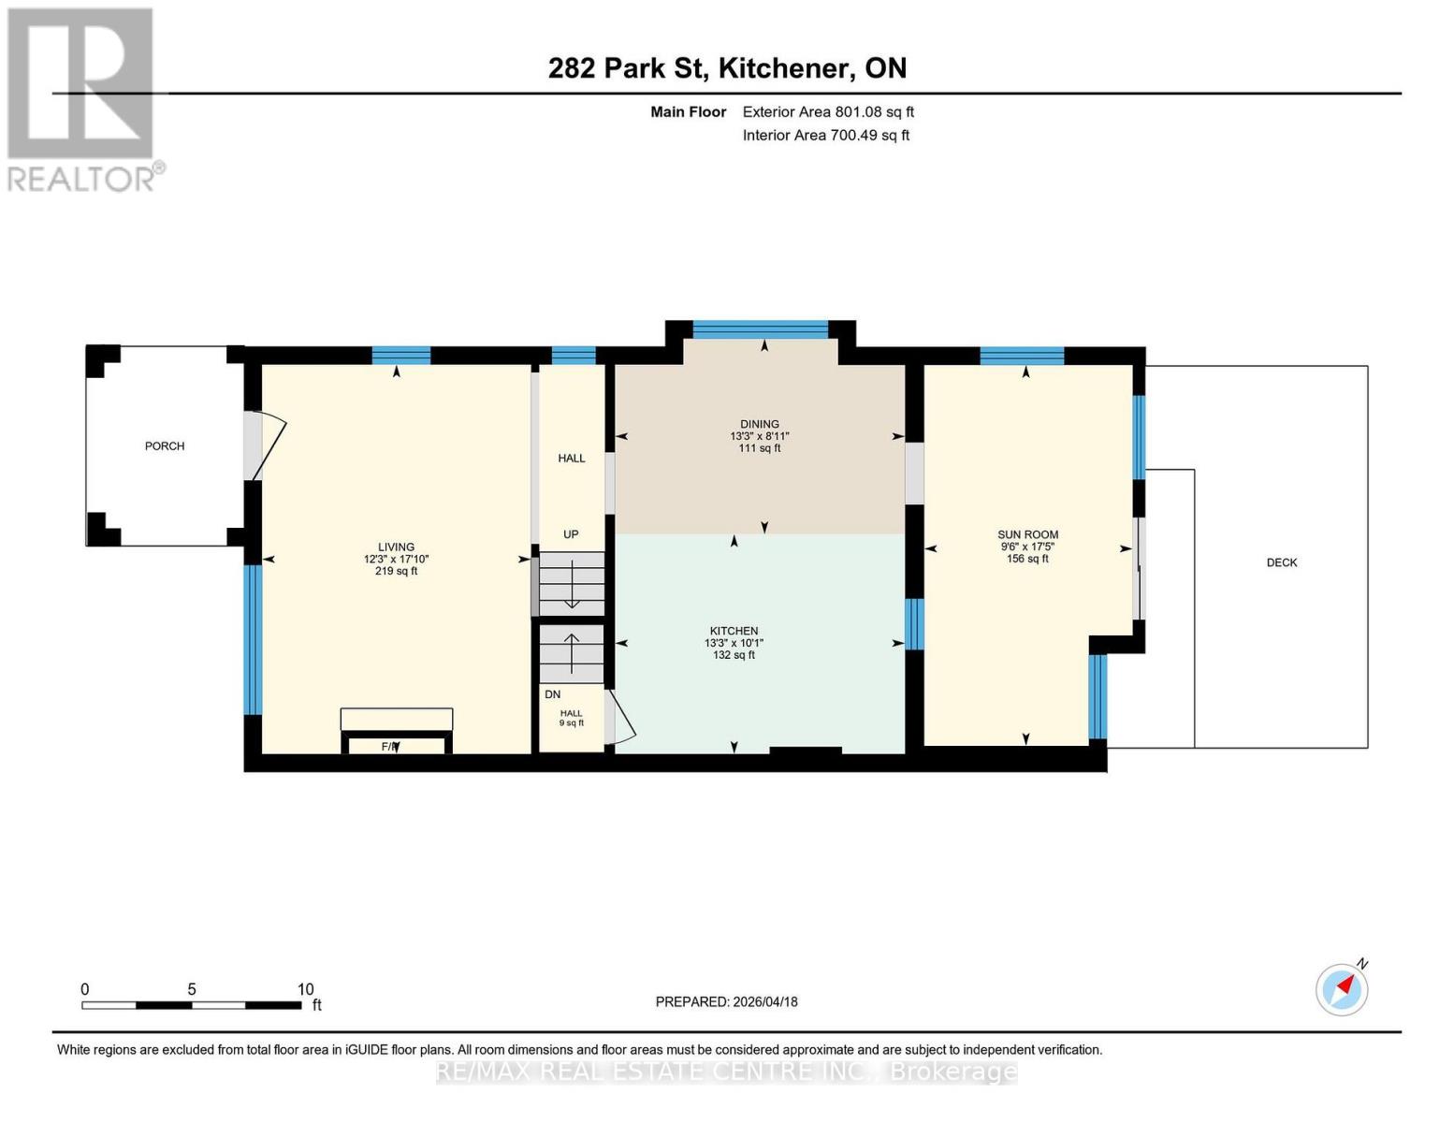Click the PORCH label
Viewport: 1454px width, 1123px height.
coord(165,446)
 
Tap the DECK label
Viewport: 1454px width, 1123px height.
coord(1281,562)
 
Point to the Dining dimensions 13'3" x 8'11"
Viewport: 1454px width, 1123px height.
coord(760,436)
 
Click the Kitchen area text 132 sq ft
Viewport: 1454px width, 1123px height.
coord(734,655)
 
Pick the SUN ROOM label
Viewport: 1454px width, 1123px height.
coord(1027,534)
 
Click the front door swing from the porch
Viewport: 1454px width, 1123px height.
coord(267,447)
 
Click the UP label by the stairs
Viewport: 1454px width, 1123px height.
coord(571,534)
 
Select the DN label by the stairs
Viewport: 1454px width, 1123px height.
coord(552,694)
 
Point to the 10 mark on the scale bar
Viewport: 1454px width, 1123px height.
coord(305,989)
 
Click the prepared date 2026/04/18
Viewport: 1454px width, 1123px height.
coord(726,1001)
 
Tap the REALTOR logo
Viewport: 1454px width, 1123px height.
coord(82,98)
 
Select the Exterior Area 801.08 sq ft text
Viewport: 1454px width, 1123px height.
coord(827,112)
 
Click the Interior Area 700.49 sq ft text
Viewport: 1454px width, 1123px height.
coord(825,136)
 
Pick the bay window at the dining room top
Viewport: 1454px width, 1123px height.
coord(760,329)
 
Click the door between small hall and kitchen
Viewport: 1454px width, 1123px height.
coord(619,719)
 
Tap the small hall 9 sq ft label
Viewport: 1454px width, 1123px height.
coord(571,718)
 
